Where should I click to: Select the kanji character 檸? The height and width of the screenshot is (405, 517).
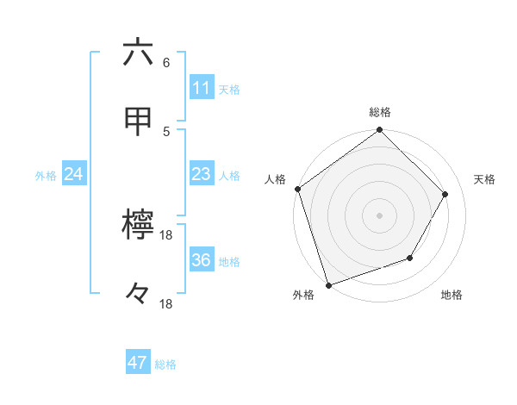tap(138, 226)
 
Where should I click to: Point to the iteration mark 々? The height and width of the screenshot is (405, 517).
tap(138, 295)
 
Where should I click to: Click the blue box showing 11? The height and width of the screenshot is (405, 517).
tap(201, 88)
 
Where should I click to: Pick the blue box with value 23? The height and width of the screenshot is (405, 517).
tap(201, 174)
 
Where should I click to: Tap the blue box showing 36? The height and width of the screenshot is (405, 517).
tap(201, 260)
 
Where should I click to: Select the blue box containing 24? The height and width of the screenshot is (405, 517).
tap(74, 174)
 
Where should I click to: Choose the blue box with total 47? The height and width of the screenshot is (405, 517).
tap(138, 363)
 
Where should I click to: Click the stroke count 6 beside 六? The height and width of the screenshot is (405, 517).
tap(166, 63)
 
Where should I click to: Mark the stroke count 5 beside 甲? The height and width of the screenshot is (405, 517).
tap(166, 131)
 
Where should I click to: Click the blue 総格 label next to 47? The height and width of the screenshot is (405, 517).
tap(165, 364)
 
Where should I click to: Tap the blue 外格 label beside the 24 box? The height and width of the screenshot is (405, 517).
tap(46, 176)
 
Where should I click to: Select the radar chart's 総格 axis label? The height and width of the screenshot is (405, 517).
tap(380, 112)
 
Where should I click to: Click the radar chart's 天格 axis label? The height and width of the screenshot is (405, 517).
tap(484, 179)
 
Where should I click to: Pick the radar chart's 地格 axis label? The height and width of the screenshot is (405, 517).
tap(452, 296)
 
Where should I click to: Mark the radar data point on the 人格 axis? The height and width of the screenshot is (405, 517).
tap(298, 189)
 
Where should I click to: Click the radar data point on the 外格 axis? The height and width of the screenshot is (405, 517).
tap(328, 283)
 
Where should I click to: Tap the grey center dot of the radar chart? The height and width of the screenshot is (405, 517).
tap(379, 215)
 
